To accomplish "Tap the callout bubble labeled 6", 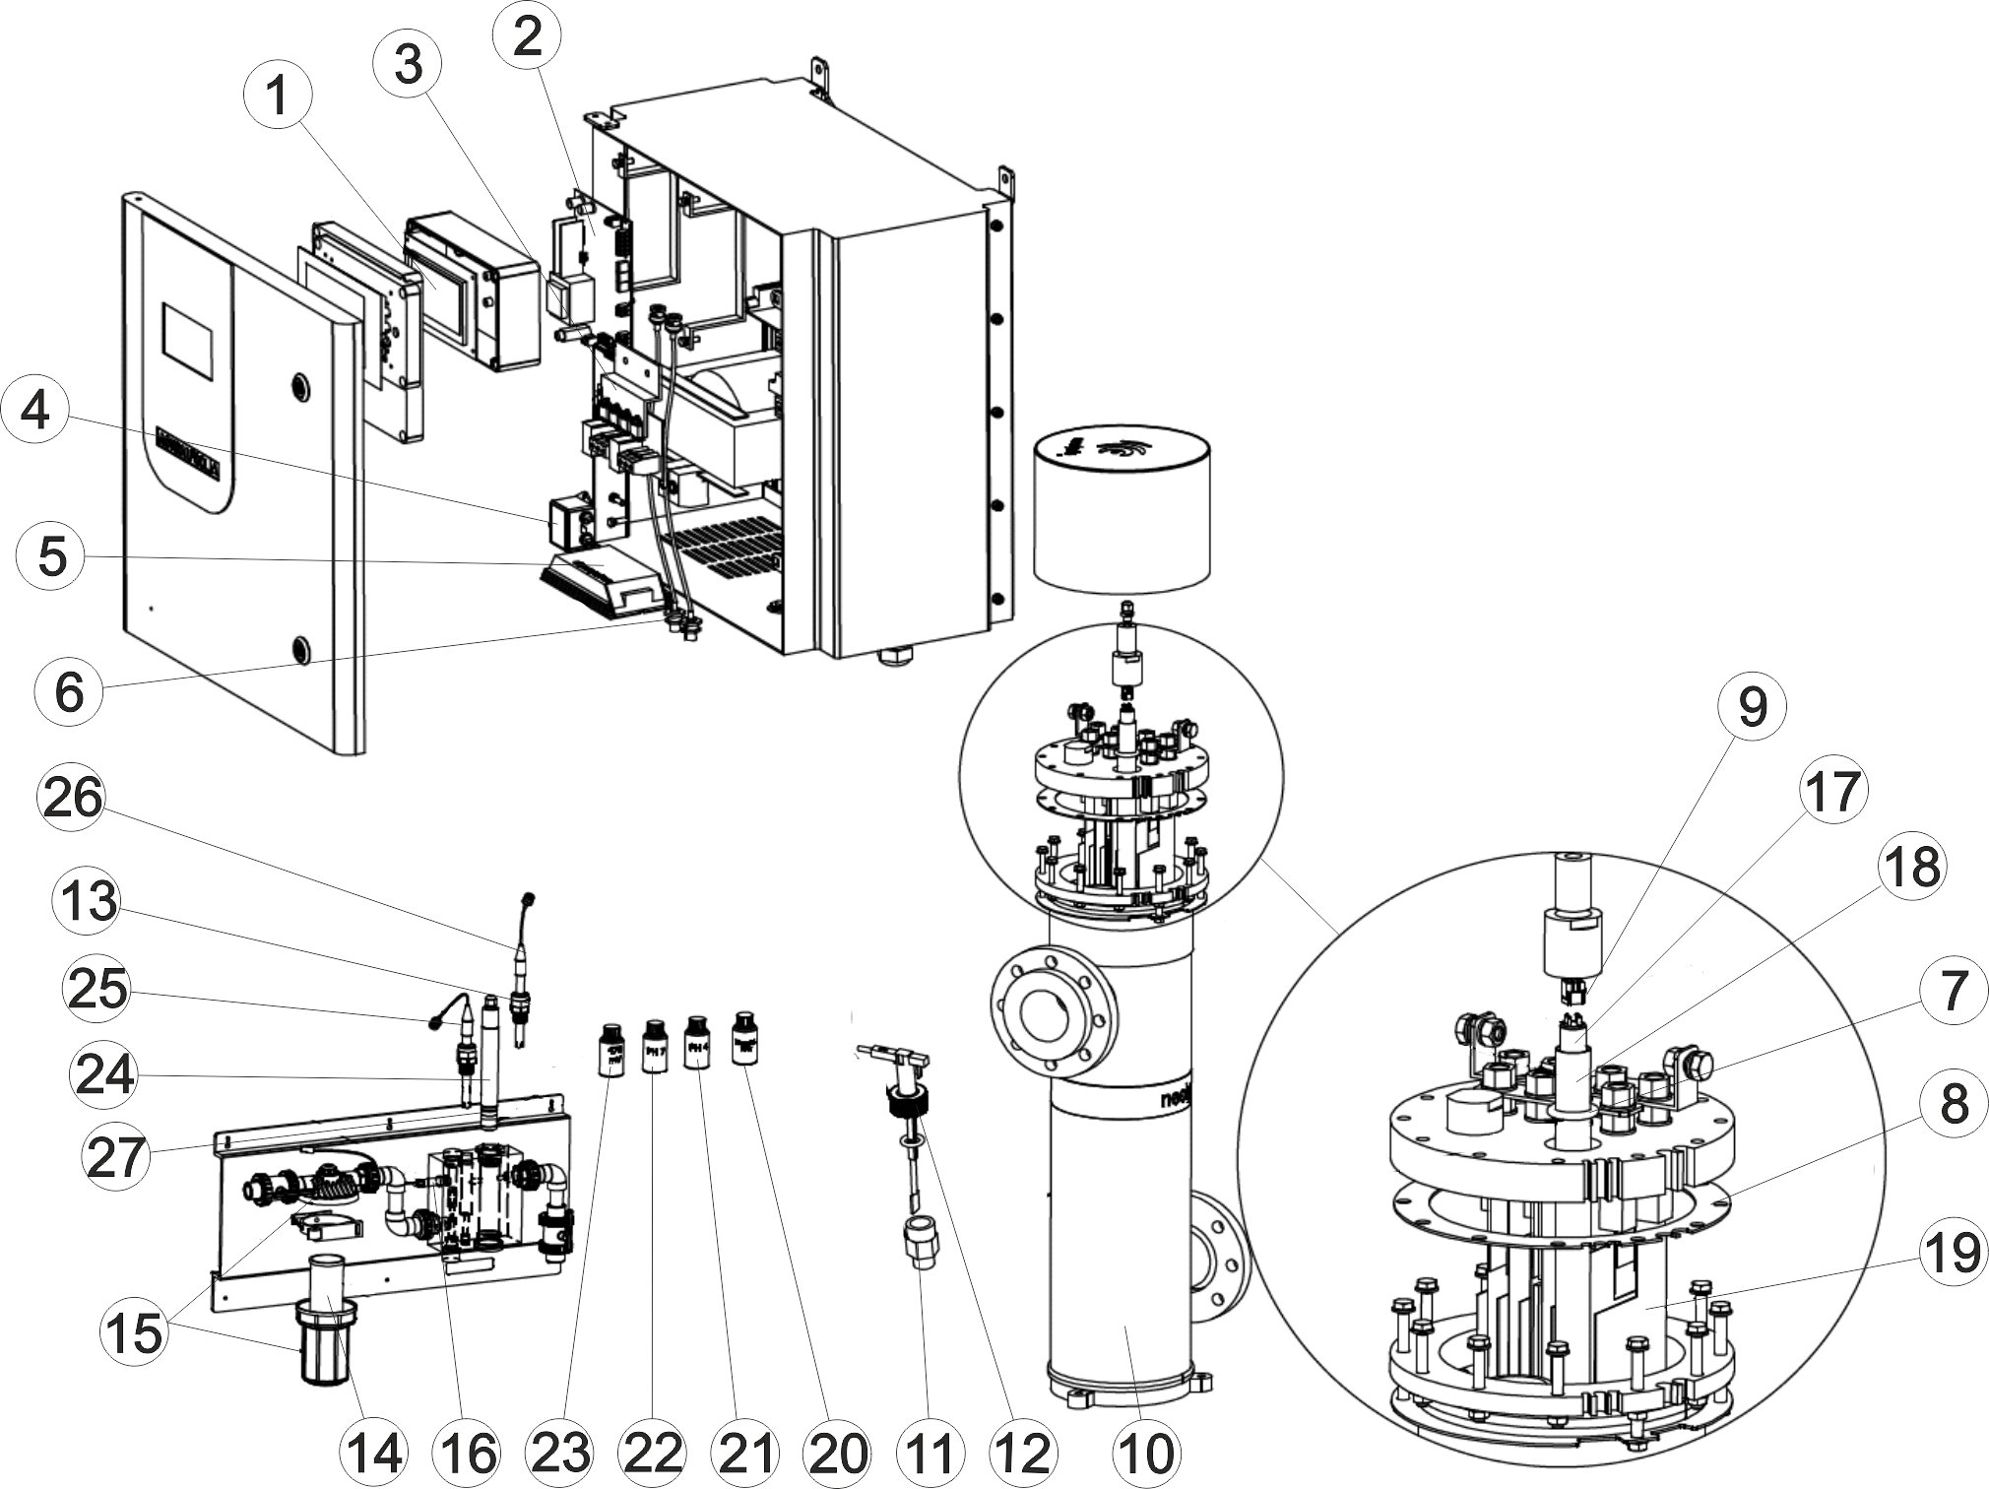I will click(69, 691).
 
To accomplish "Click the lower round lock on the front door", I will click(299, 650).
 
